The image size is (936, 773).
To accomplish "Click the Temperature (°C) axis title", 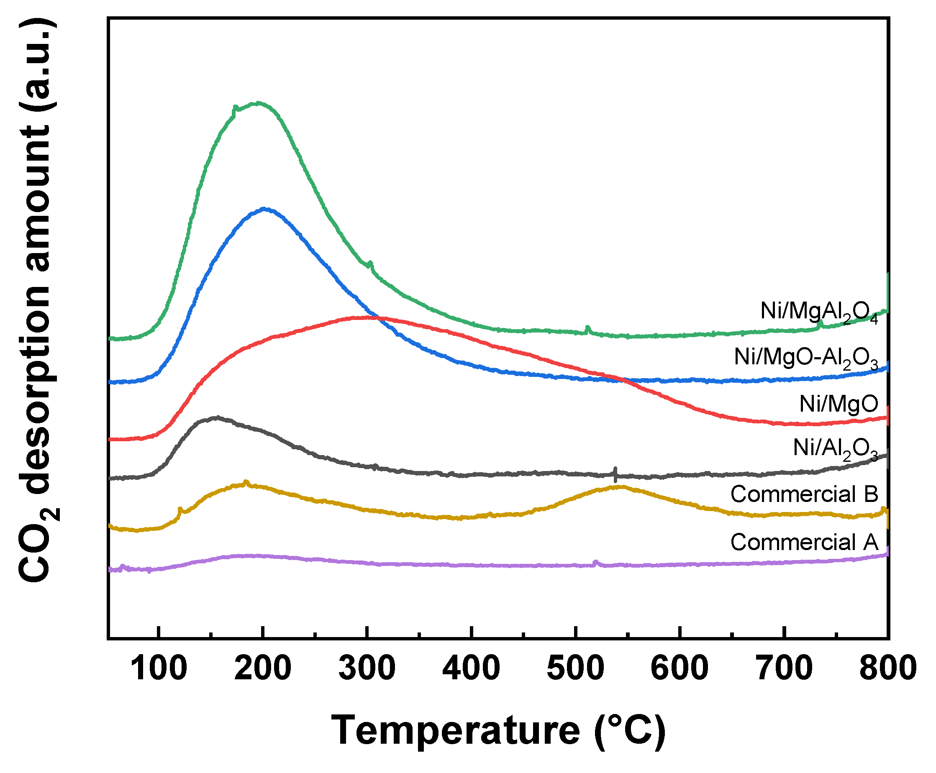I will point(498,730).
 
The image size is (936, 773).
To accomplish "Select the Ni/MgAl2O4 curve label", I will point(818,312).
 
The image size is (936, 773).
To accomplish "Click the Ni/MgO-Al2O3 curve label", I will point(805,358).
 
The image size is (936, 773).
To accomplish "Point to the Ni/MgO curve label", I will point(839,404).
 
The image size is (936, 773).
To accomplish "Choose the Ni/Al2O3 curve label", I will point(835,448).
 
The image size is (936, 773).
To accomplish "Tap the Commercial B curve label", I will point(804,494).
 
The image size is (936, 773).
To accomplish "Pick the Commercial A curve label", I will point(804,543).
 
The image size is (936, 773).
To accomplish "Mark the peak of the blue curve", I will point(265,208).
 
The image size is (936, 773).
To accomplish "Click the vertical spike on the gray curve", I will point(615,474).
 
